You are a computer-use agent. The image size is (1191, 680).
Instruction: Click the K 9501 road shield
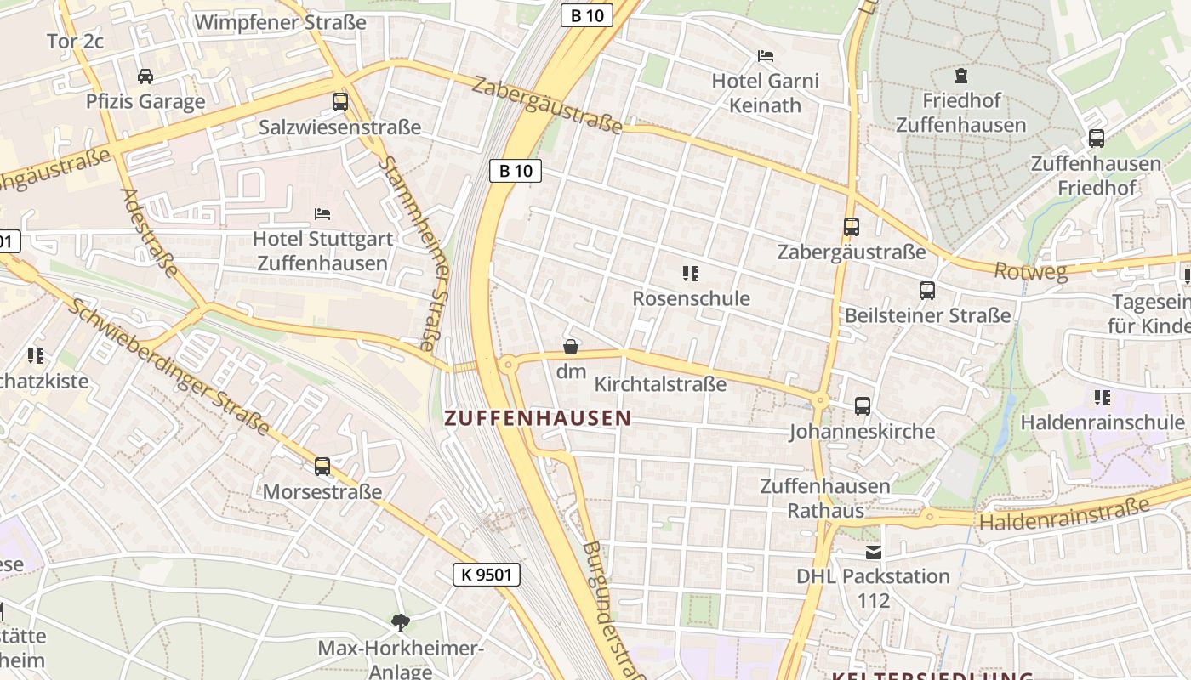(486, 575)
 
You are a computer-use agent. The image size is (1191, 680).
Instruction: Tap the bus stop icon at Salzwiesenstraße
(340, 102)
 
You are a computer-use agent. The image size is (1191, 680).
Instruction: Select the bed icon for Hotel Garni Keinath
(766, 56)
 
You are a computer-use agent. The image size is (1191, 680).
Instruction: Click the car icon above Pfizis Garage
(145, 76)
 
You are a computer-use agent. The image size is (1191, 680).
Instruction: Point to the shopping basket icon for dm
(571, 347)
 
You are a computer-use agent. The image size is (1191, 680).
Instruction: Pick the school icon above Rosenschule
(690, 274)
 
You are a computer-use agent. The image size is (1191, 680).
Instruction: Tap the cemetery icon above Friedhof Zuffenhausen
(961, 76)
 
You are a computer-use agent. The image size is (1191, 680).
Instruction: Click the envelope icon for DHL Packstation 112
(873, 552)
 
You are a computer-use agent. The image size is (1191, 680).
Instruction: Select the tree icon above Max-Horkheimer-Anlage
(400, 623)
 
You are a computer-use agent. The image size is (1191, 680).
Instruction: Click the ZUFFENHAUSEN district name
(538, 418)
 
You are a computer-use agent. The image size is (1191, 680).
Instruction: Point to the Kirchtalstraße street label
(660, 384)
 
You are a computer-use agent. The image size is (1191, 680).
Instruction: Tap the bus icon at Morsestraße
(322, 466)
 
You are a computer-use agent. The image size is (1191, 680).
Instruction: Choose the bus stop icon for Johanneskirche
(863, 406)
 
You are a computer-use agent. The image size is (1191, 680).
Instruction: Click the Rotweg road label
(1031, 272)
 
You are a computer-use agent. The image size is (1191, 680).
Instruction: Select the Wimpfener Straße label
(281, 22)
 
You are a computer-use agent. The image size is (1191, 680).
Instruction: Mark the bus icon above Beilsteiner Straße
(927, 291)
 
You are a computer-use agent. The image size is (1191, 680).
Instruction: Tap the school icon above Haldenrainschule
(1102, 398)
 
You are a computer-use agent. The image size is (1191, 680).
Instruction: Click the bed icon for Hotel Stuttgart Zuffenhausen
(322, 213)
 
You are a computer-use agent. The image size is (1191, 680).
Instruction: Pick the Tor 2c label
(75, 41)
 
